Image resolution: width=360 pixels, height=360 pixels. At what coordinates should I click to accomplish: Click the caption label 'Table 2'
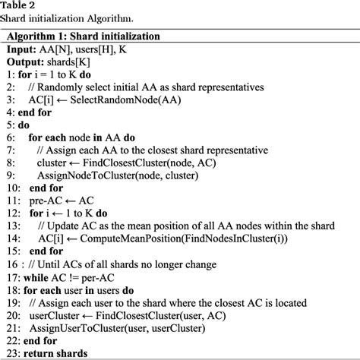24,6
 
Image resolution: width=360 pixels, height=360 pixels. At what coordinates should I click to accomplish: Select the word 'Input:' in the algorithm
24,49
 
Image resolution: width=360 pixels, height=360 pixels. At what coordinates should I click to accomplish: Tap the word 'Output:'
28,62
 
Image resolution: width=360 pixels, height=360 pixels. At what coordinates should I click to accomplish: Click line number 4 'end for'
27,112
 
